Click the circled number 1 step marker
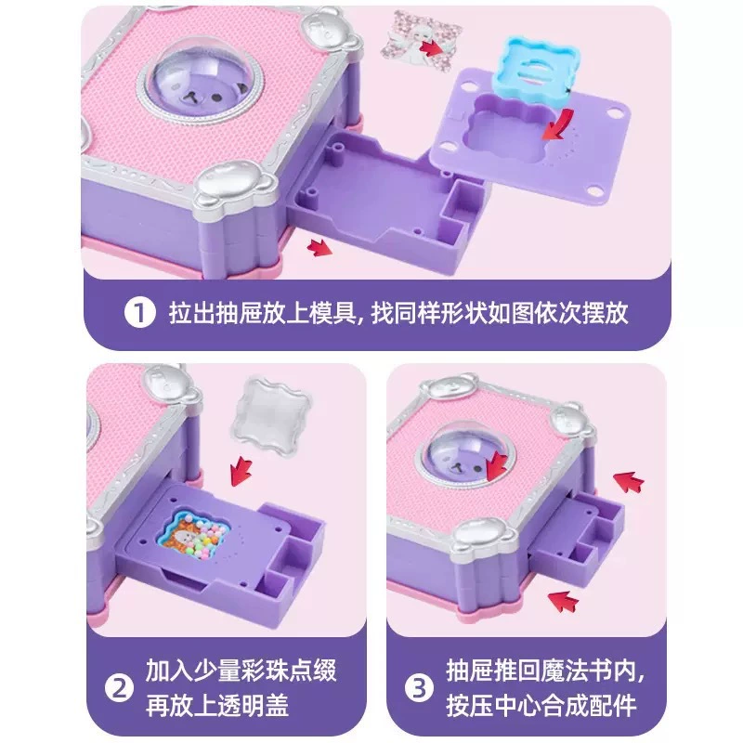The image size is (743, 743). pyautogui.click(x=140, y=313)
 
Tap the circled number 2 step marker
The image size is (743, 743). pyautogui.click(x=119, y=687)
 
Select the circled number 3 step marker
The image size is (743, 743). pyautogui.click(x=419, y=687)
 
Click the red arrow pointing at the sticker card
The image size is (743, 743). pyautogui.click(x=433, y=47)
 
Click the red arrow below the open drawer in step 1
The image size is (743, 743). pyautogui.click(x=319, y=247)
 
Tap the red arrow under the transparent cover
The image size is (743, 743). pyautogui.click(x=241, y=471)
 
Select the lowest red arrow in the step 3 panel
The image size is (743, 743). pyautogui.click(x=563, y=600)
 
